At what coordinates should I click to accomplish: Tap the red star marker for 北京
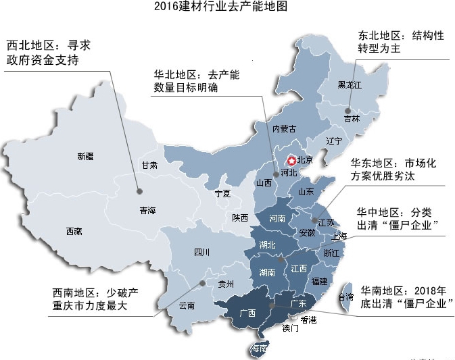(x=291, y=161)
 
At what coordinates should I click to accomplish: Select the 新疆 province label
(x=86, y=157)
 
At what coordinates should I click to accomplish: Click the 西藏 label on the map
(x=74, y=232)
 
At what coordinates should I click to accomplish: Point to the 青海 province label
(x=147, y=211)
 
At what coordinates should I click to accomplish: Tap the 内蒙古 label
(x=284, y=128)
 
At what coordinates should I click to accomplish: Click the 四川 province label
(x=201, y=253)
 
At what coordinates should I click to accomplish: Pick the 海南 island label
(x=259, y=349)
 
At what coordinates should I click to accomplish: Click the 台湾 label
(x=345, y=297)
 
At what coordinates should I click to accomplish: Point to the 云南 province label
(x=187, y=305)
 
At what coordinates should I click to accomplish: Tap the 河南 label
(x=277, y=219)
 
